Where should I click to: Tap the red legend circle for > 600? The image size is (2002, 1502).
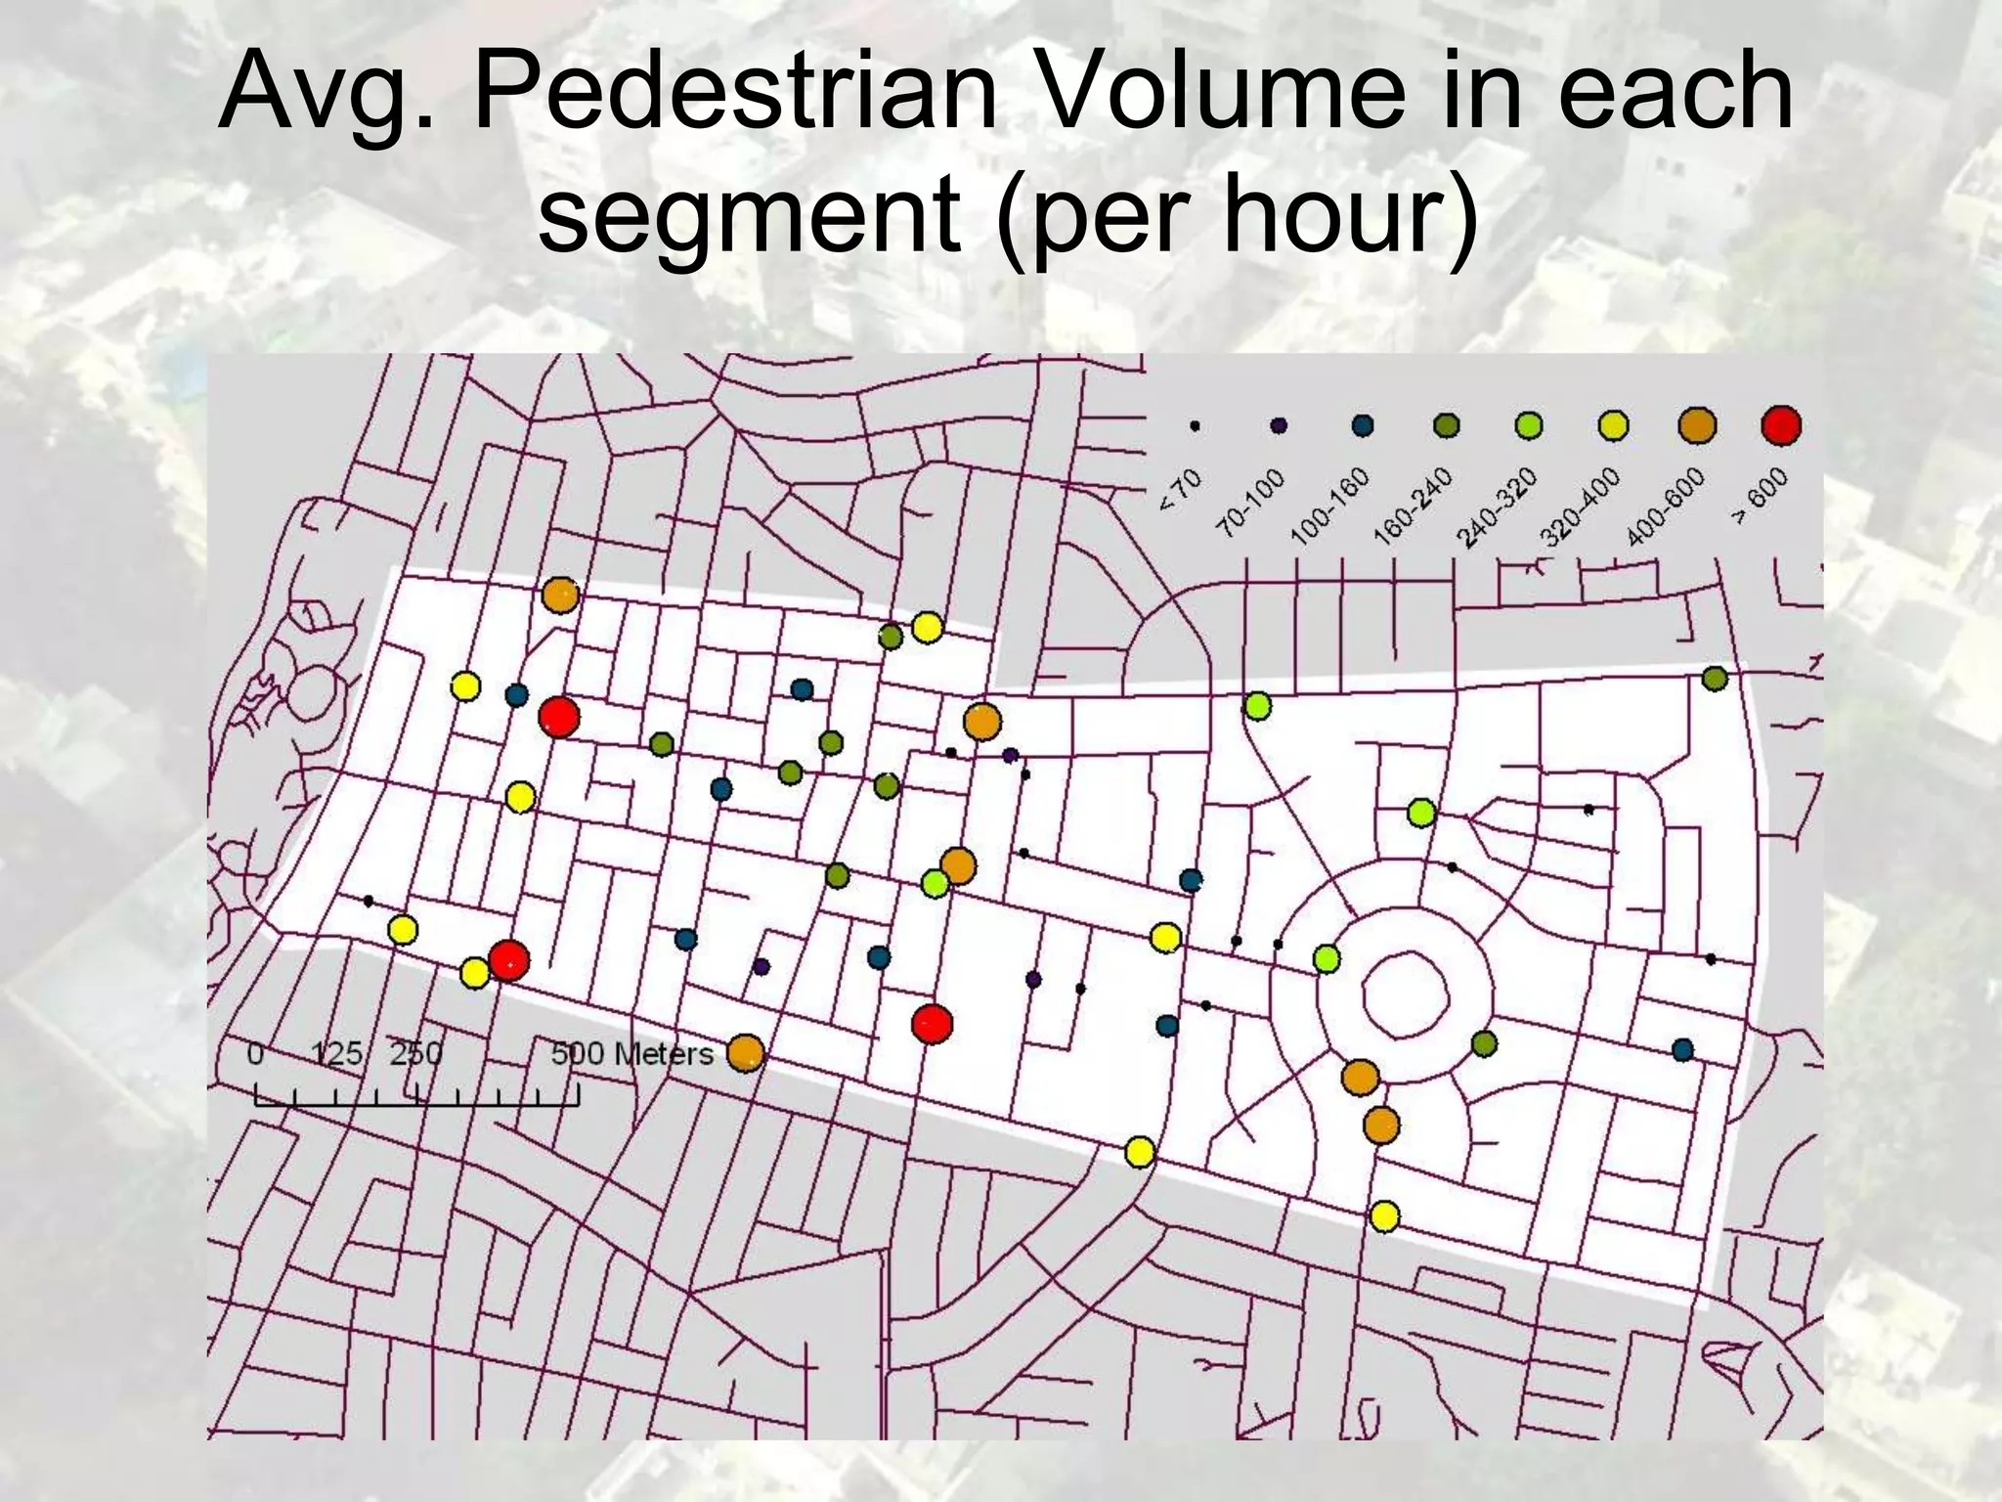pyautogui.click(x=1781, y=426)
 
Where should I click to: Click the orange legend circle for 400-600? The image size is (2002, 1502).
pyautogui.click(x=1697, y=426)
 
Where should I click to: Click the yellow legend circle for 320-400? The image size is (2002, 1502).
pyautogui.click(x=1613, y=426)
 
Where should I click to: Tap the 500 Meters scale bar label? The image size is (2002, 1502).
pyautogui.click(x=631, y=1054)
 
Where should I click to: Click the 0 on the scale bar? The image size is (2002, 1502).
pyautogui.click(x=255, y=1054)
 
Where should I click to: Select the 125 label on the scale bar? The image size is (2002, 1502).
pyautogui.click(x=336, y=1054)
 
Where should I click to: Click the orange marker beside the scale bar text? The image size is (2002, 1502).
pyautogui.click(x=745, y=1053)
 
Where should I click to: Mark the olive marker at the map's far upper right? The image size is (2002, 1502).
pyautogui.click(x=1715, y=678)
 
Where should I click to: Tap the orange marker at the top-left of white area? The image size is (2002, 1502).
pyautogui.click(x=560, y=595)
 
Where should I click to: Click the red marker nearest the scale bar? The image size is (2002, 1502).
pyautogui.click(x=508, y=960)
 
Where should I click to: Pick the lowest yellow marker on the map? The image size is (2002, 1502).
pyautogui.click(x=1384, y=1216)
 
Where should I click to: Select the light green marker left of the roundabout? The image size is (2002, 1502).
pyautogui.click(x=1326, y=959)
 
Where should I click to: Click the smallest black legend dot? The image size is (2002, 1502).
pyautogui.click(x=1195, y=426)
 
